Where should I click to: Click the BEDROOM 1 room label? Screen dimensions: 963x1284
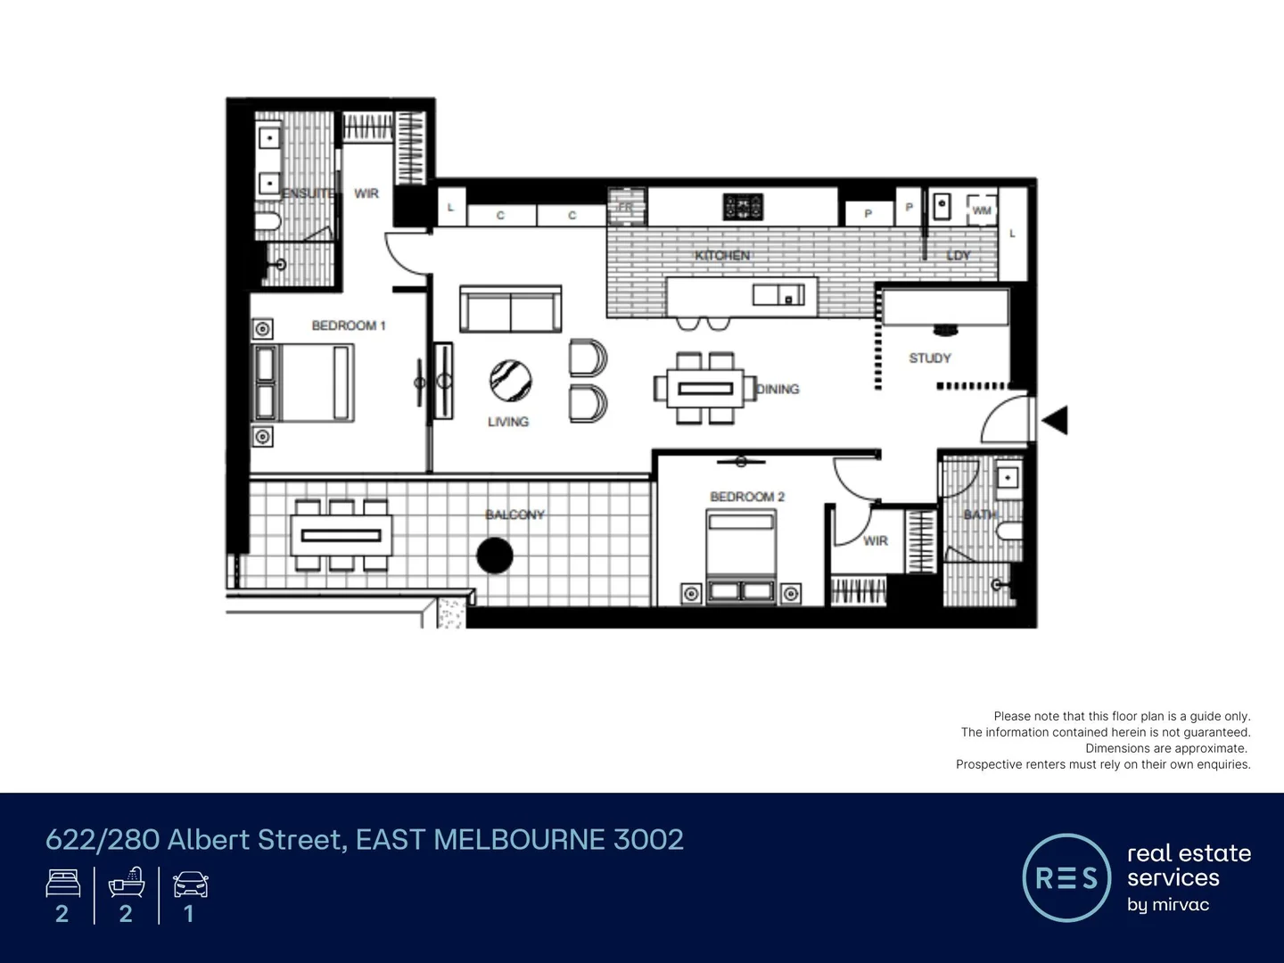tap(348, 325)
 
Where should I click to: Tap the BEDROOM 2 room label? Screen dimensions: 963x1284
tap(746, 497)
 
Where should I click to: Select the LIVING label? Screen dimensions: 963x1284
tap(508, 421)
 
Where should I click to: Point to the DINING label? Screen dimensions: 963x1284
tap(778, 389)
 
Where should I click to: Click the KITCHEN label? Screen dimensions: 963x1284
tap(722, 256)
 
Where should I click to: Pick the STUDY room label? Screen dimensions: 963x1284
tap(930, 358)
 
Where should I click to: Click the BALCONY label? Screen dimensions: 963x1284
tap(514, 514)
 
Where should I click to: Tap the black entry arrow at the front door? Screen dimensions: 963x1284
tap(1055, 420)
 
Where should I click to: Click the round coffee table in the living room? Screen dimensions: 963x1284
tap(511, 381)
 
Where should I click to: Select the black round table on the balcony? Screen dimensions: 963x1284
tap(495, 556)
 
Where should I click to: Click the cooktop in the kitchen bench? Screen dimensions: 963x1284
tap(743, 207)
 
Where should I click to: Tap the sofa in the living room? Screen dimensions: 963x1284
tap(511, 309)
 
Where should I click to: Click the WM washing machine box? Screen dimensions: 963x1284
tap(982, 210)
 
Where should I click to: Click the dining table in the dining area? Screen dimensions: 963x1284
tap(705, 388)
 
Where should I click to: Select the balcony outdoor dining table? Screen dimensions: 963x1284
tap(342, 535)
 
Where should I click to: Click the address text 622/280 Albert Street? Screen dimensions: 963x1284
tap(364, 839)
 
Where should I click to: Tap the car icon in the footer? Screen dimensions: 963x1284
tap(190, 885)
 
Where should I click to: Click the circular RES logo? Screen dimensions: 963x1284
tap(1066, 877)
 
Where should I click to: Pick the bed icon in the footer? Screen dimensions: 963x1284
tap(63, 885)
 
